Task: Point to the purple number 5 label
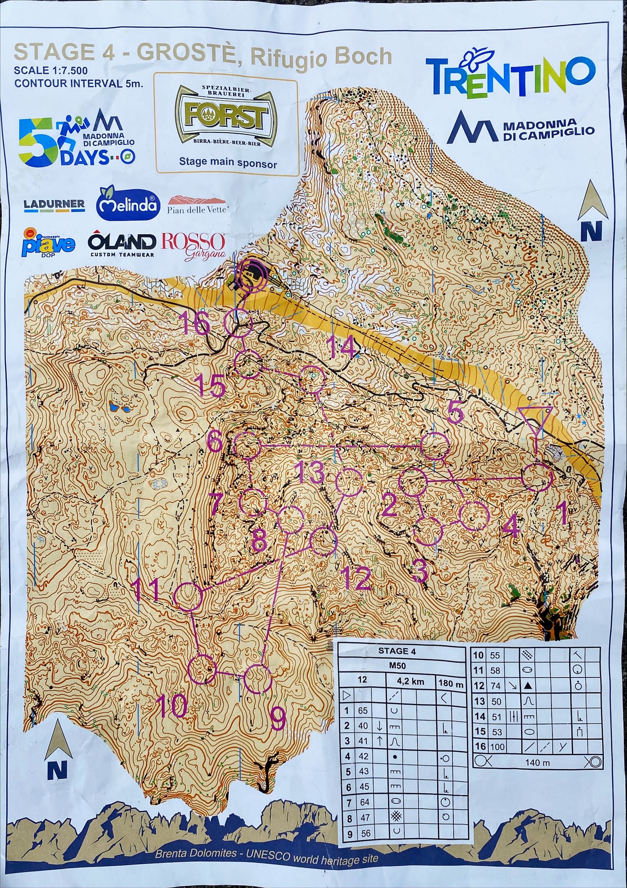(455, 412)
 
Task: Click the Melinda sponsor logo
(128, 204)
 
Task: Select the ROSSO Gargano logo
(193, 246)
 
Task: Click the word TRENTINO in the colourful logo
(511, 77)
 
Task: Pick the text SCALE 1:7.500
(51, 70)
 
